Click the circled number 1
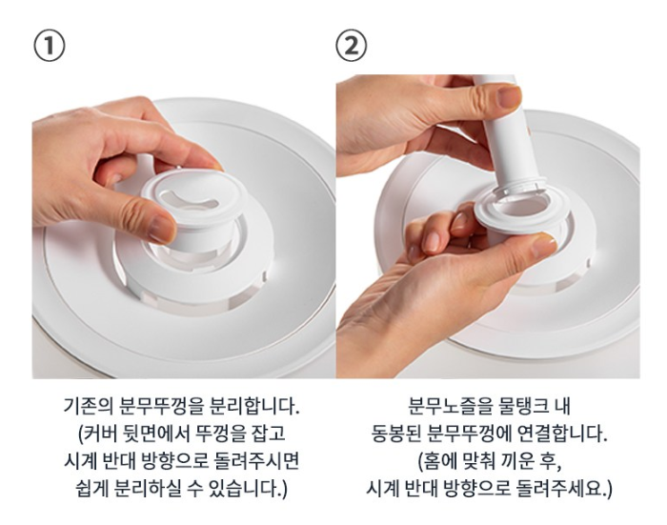click(x=50, y=47)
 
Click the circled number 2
click(x=351, y=47)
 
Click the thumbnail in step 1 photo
click(x=161, y=226)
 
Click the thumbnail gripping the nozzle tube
click(x=509, y=97)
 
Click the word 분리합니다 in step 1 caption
click(x=253, y=406)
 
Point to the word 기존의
click(x=89, y=406)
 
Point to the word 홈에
click(x=435, y=461)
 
